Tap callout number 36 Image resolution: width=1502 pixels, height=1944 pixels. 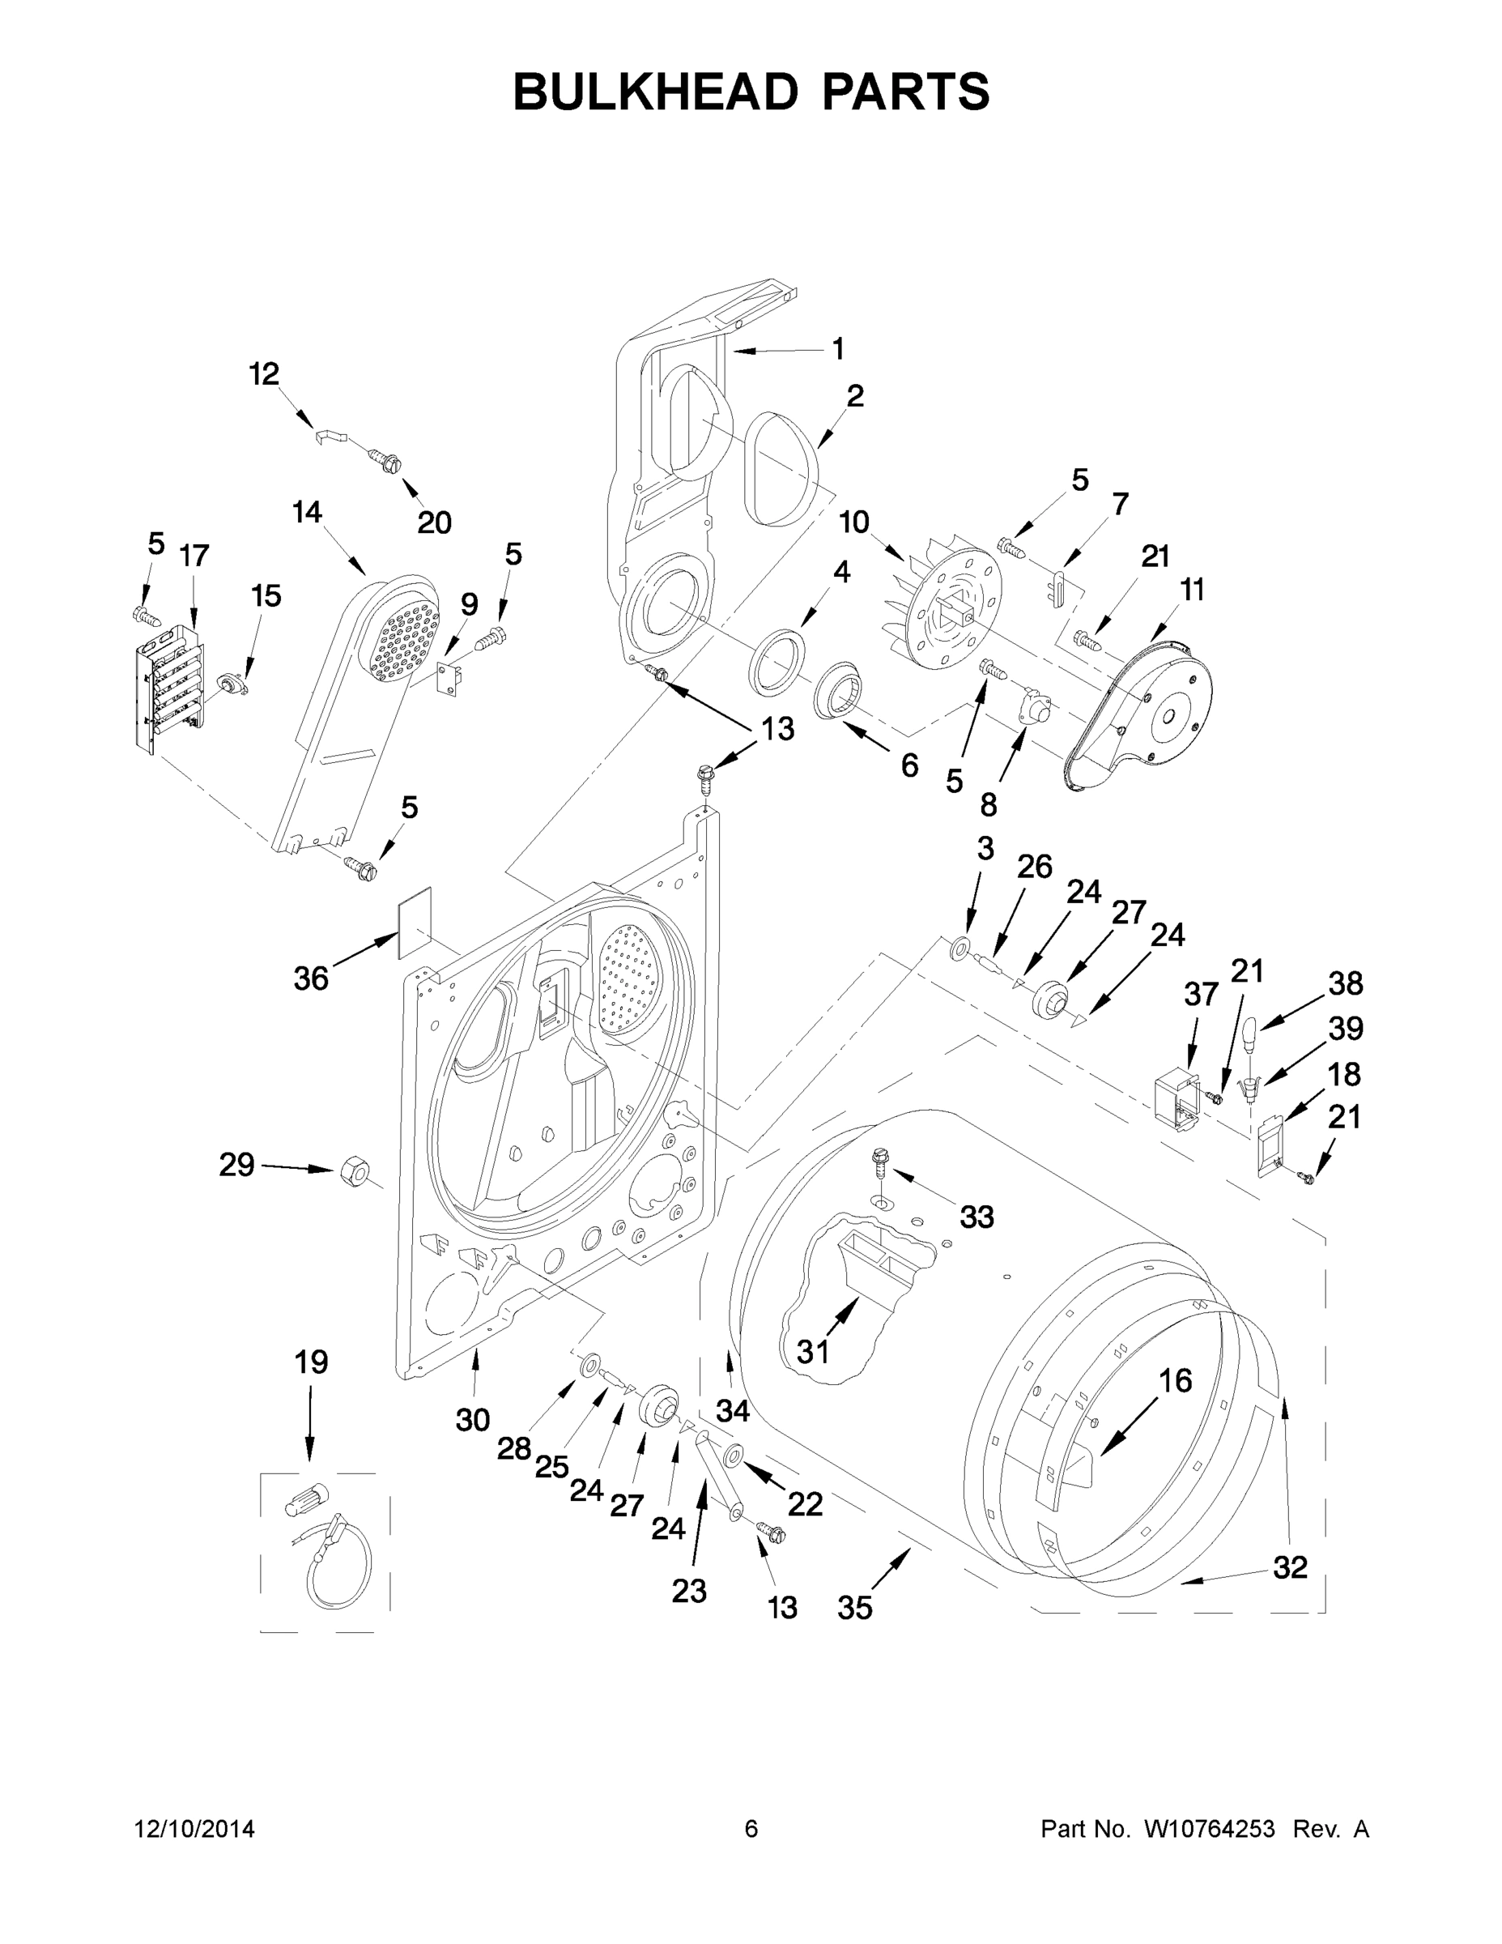point(311,979)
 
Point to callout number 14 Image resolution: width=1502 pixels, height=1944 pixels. point(307,513)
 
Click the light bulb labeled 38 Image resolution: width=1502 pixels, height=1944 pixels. point(1249,1034)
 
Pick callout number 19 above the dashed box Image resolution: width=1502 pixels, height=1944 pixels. point(312,1362)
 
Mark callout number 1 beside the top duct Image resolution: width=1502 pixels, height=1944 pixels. point(837,349)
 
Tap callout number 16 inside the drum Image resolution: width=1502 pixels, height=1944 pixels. point(1176,1380)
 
